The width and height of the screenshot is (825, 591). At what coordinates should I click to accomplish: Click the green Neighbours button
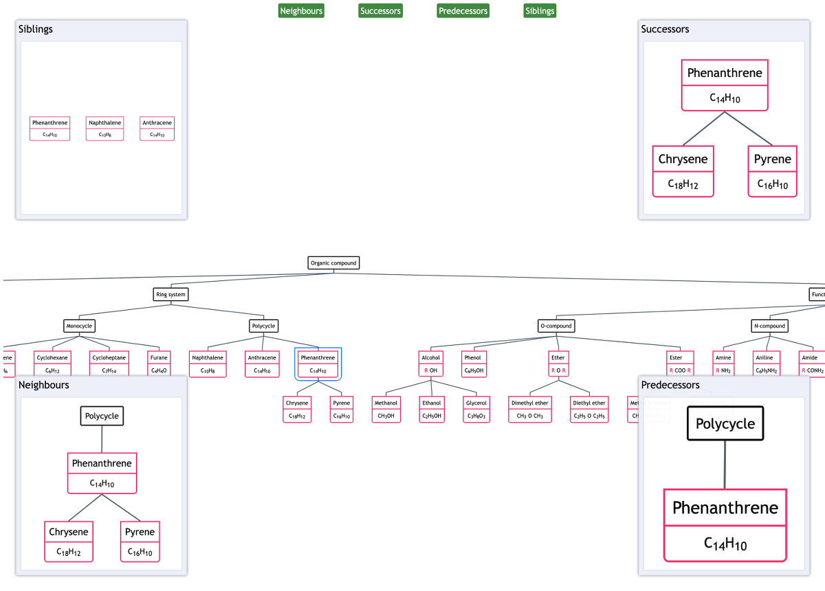tap(301, 11)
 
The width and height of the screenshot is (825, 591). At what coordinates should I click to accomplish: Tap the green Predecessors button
tap(463, 11)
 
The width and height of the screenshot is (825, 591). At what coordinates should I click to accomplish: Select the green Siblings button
tap(540, 11)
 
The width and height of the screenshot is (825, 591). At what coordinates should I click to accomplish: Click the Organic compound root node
tap(333, 263)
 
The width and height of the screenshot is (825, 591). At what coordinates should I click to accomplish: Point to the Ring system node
tap(170, 295)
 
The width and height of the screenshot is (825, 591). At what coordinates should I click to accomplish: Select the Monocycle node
tap(79, 326)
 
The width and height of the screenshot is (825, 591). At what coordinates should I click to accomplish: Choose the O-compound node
tap(555, 326)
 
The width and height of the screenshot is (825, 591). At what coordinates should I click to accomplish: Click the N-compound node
tap(769, 326)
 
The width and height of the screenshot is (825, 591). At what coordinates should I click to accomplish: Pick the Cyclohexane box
tap(52, 364)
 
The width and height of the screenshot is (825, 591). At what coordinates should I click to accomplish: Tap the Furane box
tap(159, 364)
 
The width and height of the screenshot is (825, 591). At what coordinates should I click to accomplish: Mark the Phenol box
tap(473, 364)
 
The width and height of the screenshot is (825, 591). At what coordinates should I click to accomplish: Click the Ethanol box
tap(432, 410)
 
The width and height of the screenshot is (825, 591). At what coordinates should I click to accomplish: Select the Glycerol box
tap(476, 410)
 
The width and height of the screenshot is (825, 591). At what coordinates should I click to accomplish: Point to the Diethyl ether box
tap(589, 410)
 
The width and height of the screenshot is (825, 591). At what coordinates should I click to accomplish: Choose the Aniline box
tap(764, 364)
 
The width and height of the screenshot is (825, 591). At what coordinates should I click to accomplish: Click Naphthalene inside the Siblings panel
tap(104, 129)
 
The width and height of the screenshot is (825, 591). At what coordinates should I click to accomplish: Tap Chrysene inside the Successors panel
tap(683, 171)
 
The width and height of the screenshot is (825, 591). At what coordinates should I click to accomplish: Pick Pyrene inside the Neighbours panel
tap(140, 542)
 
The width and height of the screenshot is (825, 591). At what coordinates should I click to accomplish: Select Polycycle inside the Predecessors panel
tap(725, 424)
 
